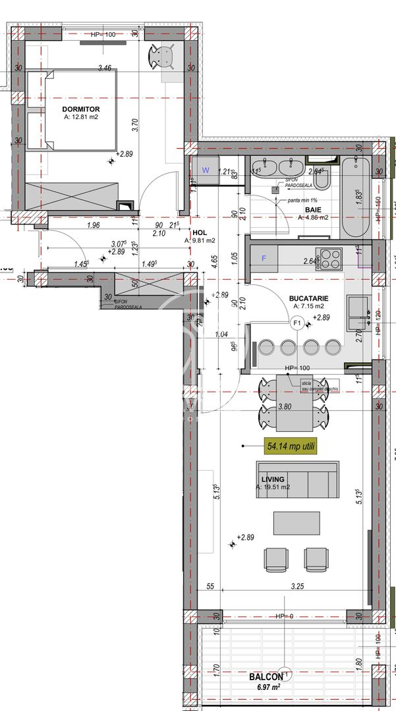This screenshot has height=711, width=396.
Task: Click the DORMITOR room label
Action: [81, 109]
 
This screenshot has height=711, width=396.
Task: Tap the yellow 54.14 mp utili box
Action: [291, 446]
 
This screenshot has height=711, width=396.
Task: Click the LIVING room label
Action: [272, 479]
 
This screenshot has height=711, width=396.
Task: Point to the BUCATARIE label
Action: [308, 298]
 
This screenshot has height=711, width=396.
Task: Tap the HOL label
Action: [200, 232]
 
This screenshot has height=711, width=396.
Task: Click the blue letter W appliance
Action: [206, 171]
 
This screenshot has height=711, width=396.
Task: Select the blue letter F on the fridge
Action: [264, 258]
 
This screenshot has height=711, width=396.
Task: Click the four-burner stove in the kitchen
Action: [330, 257]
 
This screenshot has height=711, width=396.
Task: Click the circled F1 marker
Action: [297, 323]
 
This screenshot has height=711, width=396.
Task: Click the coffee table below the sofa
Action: [297, 523]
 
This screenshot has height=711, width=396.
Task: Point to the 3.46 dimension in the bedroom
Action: [104, 67]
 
